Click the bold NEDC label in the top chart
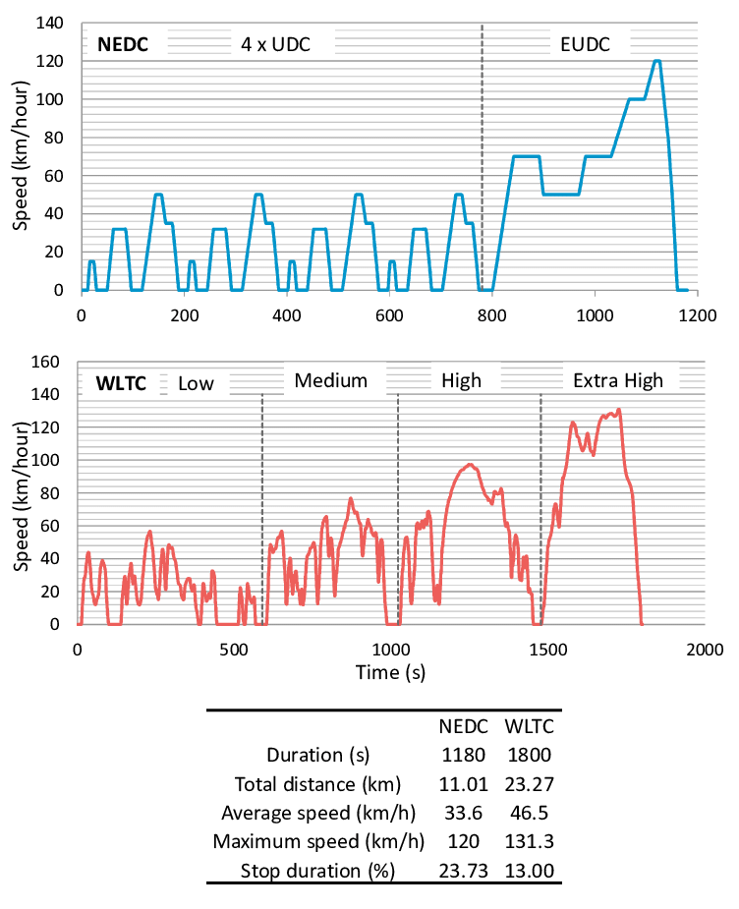121,43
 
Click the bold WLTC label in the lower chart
121,381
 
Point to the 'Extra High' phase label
618,380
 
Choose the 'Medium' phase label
330,380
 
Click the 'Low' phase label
196,382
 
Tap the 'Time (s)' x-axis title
390,673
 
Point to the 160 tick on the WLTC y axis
52,362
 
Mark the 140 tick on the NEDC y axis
52,23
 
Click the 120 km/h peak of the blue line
656,61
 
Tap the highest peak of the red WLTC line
618,410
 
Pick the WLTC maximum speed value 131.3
530,841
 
